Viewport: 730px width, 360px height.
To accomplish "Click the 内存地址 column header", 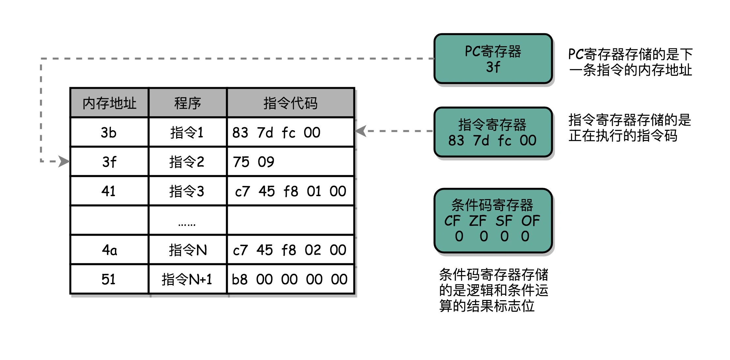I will click(109, 103).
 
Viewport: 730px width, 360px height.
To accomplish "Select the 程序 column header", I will click(187, 103).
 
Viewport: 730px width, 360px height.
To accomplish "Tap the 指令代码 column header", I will click(290, 103).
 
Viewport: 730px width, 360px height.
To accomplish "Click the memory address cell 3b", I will click(109, 133).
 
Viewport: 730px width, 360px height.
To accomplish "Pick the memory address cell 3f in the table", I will click(109, 162).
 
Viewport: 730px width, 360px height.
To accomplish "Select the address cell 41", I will click(108, 191).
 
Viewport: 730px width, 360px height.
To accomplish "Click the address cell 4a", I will click(109, 250).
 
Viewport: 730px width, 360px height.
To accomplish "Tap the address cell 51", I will click(108, 279).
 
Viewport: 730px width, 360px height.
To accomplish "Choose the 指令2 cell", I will click(187, 162).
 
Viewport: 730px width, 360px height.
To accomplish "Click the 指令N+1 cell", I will click(187, 279).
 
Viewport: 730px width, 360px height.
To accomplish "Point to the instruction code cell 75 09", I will click(254, 162).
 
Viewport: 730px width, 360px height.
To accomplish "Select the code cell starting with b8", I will click(289, 279).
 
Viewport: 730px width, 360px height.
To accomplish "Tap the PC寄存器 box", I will click(493, 59).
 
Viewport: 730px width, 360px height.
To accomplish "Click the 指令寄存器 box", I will click(493, 132).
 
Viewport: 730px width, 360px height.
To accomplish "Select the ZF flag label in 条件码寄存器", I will click(478, 221).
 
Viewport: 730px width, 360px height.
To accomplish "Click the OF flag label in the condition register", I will click(530, 221).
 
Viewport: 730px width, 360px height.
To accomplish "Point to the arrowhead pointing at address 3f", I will click(65, 161).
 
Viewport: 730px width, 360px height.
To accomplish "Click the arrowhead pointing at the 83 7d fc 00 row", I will click(360, 131).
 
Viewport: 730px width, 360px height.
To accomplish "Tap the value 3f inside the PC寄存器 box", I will click(493, 67).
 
